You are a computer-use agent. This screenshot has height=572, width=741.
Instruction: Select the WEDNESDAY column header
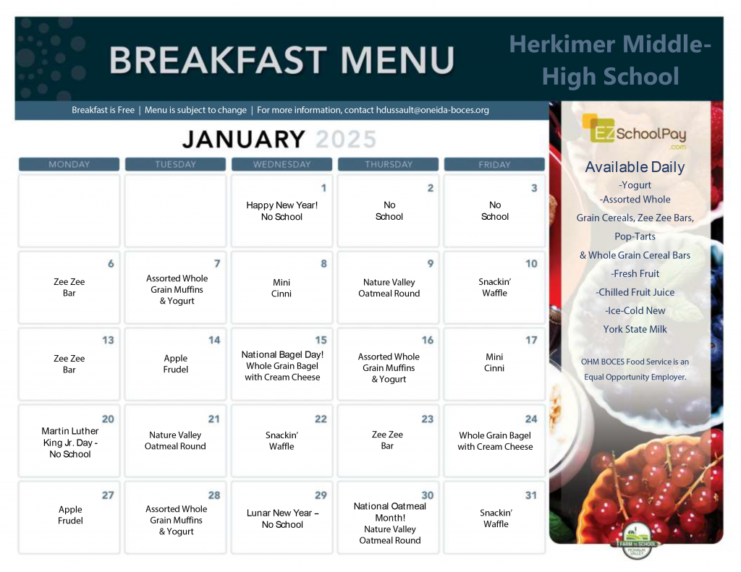pyautogui.click(x=281, y=164)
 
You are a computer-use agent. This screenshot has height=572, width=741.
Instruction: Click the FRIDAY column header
pyautogui.click(x=494, y=164)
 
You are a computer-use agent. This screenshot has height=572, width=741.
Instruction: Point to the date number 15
pyautogui.click(x=321, y=340)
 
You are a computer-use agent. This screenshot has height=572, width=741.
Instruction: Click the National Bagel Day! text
pyautogui.click(x=282, y=354)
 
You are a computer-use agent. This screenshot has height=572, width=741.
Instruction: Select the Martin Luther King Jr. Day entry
pyautogui.click(x=69, y=443)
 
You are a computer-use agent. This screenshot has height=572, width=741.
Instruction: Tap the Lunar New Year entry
pyautogui.click(x=282, y=518)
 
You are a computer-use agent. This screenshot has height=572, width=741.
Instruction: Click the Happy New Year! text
pyautogui.click(x=282, y=205)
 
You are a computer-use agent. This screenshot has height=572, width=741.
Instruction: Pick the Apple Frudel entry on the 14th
pyautogui.click(x=176, y=364)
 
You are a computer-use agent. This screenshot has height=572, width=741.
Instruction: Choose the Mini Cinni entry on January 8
pyautogui.click(x=281, y=288)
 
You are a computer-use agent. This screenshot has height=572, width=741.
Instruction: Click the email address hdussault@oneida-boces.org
pyautogui.click(x=433, y=110)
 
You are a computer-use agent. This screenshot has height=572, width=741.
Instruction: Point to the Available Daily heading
pyautogui.click(x=635, y=167)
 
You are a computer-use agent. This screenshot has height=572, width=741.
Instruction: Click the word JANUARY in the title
pyautogui.click(x=243, y=139)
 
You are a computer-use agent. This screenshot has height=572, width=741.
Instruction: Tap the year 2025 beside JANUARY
pyautogui.click(x=347, y=139)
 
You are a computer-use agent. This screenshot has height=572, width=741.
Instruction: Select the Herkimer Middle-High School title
pyautogui.click(x=611, y=60)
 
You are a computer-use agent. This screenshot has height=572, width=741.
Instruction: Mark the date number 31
pyautogui.click(x=531, y=495)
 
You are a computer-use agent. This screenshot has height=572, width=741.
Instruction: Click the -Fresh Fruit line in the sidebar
pyautogui.click(x=635, y=273)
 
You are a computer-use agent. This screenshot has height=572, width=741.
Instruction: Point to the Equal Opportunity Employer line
pyautogui.click(x=635, y=377)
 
